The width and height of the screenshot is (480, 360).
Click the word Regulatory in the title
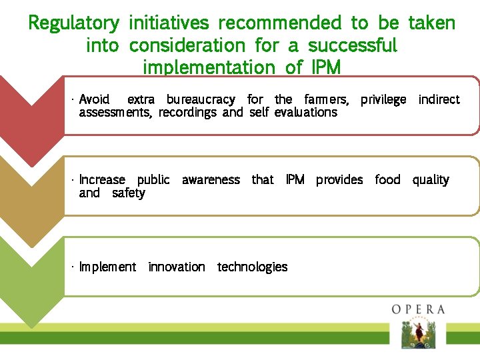click(73, 23)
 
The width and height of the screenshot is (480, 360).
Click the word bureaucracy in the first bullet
click(201, 99)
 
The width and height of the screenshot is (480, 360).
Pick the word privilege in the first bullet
click(383, 99)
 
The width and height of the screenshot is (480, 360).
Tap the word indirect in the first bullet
click(439, 99)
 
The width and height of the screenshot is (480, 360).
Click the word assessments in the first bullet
click(116, 112)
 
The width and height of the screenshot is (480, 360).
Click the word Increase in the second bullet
click(102, 179)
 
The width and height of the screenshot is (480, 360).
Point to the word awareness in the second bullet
click(211, 179)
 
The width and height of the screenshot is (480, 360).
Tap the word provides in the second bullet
click(339, 179)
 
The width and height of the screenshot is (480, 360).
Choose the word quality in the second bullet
click(431, 179)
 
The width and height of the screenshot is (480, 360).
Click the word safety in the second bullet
click(129, 193)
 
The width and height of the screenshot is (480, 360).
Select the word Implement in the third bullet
click(107, 267)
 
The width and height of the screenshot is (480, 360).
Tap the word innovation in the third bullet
click(177, 267)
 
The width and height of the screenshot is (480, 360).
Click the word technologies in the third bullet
click(253, 267)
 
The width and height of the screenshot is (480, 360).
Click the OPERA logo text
click(418, 309)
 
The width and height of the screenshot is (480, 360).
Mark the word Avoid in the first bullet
click(95, 99)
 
